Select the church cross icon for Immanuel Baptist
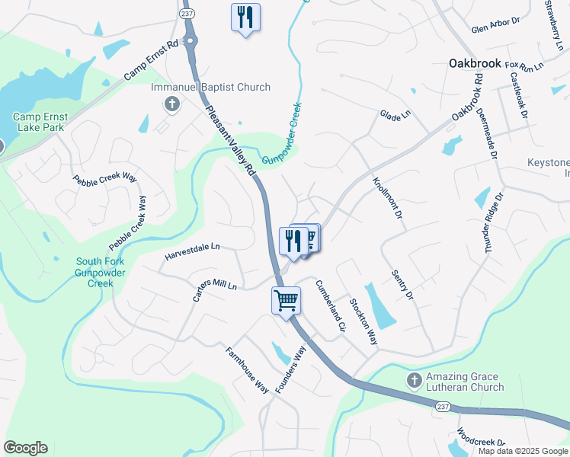(172, 103)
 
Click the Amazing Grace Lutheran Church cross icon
(414, 379)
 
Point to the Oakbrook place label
(474, 63)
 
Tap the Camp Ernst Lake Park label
(40, 123)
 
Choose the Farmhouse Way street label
(248, 370)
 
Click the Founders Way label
(290, 369)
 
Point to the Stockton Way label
(363, 319)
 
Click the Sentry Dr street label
(402, 284)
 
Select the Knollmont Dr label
(387, 198)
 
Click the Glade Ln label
(395, 114)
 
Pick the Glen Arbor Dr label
(495, 29)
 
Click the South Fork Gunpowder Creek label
(94, 273)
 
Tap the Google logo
(25, 447)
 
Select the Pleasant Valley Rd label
(230, 142)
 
